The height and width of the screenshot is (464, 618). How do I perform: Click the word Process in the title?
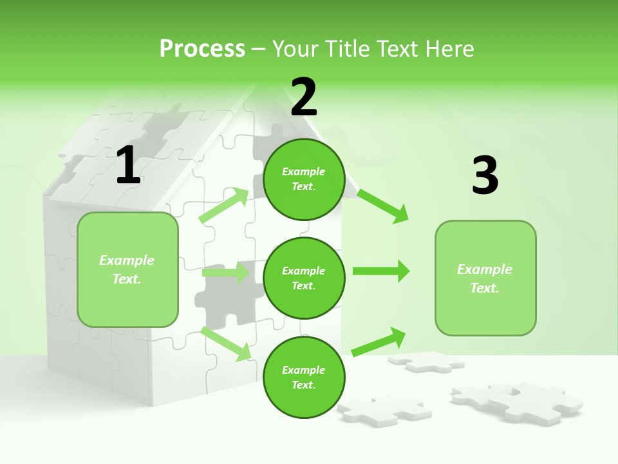click(202, 48)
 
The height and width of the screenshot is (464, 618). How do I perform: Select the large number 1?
click(128, 165)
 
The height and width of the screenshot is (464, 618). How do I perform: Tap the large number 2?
click(304, 97)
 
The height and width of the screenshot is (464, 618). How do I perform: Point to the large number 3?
click(485, 176)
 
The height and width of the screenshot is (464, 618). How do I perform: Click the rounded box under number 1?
click(127, 269)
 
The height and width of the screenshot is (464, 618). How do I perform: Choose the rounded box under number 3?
click(485, 278)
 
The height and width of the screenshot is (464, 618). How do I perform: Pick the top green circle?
click(304, 179)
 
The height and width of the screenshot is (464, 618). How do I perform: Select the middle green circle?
click(304, 278)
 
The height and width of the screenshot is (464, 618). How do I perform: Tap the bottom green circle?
click(304, 377)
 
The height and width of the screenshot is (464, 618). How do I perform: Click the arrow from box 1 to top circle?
click(224, 206)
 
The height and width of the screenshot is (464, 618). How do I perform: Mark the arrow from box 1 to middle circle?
click(225, 273)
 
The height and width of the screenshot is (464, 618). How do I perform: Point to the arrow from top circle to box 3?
click(383, 206)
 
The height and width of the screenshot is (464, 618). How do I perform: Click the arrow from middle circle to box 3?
click(380, 271)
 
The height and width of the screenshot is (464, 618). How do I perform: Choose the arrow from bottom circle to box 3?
click(379, 342)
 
